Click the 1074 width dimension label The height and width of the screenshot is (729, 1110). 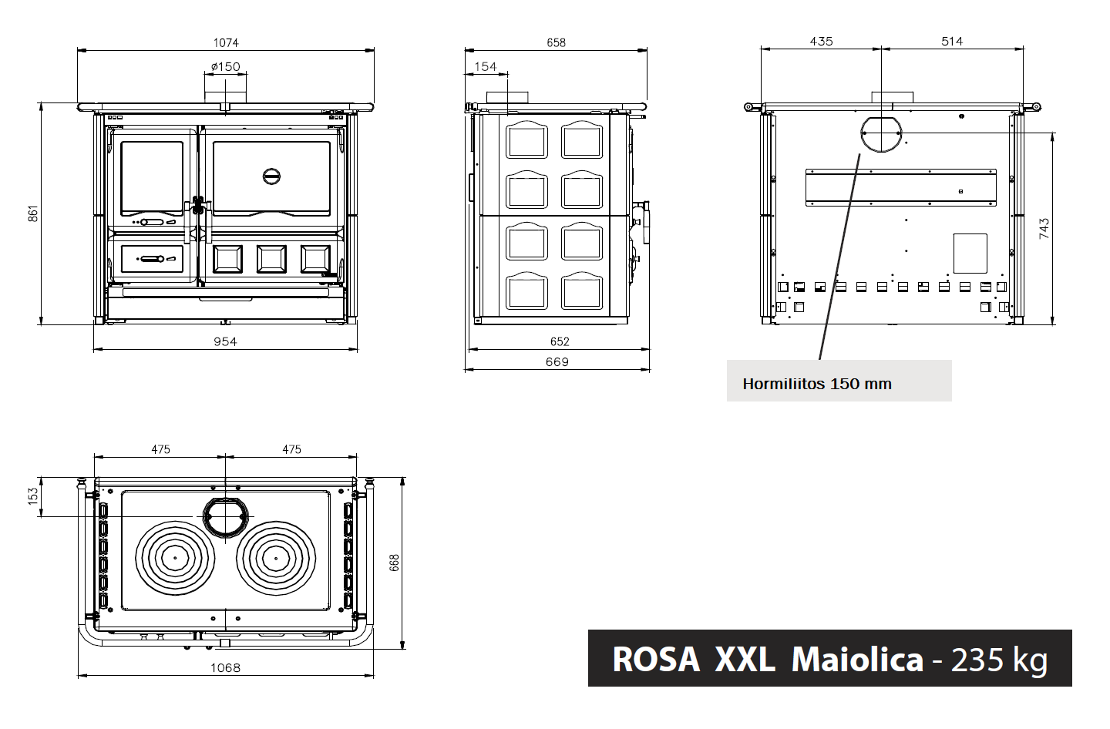point(226,43)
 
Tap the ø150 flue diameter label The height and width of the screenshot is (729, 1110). point(226,67)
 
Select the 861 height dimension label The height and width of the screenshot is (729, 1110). point(33,213)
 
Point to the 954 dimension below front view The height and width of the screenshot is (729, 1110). point(225,341)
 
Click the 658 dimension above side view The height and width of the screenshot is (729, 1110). point(556,43)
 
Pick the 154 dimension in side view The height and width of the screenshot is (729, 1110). point(486,67)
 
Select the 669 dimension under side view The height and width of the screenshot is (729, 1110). point(557,362)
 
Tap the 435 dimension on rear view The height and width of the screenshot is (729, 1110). point(821,42)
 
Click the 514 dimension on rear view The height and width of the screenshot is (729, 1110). point(952,42)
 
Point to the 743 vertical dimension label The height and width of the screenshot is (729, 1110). point(1044,228)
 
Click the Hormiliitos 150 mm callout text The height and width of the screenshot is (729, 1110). point(817,384)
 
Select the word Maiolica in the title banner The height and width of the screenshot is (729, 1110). point(857,660)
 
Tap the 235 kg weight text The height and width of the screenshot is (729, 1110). point(999,660)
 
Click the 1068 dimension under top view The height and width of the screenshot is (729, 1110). point(226,668)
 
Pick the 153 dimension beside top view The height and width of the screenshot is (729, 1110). point(33,497)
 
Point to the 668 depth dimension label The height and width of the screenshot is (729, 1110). point(395,563)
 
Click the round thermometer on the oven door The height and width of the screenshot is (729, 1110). point(271,176)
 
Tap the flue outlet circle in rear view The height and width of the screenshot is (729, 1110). point(881,133)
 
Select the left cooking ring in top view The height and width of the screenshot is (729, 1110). point(174,557)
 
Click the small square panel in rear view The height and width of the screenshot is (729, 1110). point(970,253)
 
